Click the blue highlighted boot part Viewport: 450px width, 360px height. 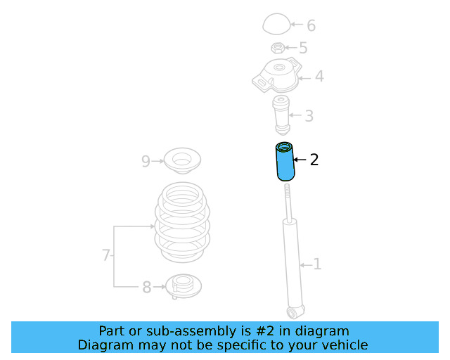285,162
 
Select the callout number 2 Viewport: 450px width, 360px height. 314,160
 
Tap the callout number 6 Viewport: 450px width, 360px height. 311,25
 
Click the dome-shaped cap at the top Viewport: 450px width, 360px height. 276,24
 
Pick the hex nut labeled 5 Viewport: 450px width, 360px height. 278,48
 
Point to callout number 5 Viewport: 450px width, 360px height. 303,48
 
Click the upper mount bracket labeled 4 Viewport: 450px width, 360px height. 277,75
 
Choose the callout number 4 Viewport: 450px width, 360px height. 319,77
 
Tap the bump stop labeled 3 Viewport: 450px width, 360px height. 281,115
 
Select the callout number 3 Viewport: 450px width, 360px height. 309,116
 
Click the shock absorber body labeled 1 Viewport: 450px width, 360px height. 293,264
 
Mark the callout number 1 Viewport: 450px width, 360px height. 317,264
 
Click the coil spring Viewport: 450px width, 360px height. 182,222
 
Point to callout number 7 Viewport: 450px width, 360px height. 106,255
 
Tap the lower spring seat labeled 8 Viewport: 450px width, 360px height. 184,286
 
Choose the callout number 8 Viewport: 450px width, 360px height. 147,287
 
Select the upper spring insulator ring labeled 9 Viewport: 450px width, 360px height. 182,161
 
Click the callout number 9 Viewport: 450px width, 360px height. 146,161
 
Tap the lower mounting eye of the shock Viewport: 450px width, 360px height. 293,313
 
